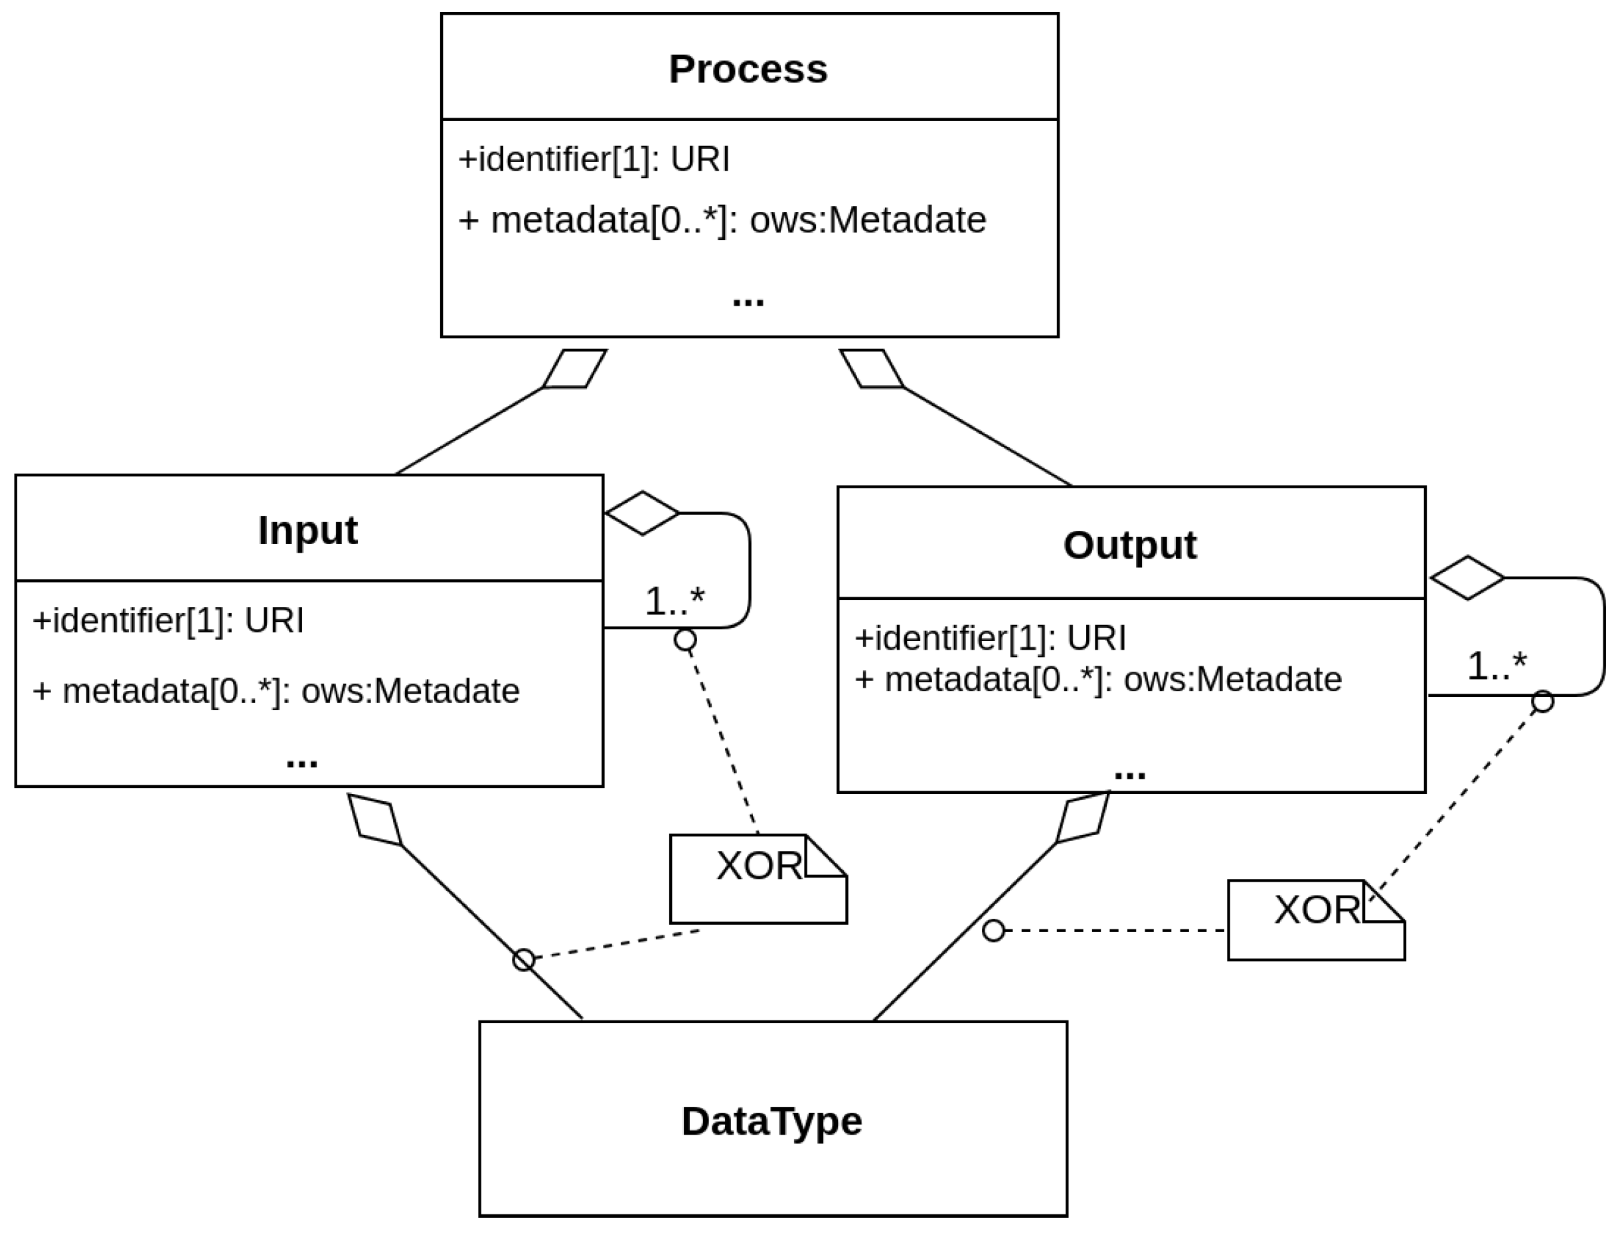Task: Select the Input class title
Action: (308, 529)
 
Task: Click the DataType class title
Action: (771, 1121)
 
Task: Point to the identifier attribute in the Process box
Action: (594, 159)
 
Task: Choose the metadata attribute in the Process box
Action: (722, 220)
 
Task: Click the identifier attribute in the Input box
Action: (169, 620)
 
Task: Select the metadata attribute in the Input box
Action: (276, 692)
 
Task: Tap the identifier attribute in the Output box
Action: (990, 638)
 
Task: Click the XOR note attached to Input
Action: (758, 879)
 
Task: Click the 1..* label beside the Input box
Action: (674, 601)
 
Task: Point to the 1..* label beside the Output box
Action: (1496, 666)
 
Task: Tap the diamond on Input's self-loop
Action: (641, 513)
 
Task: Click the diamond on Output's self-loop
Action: (1467, 578)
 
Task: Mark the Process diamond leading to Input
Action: (575, 369)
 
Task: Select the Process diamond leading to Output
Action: (872, 369)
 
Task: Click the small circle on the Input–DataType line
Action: (523, 960)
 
